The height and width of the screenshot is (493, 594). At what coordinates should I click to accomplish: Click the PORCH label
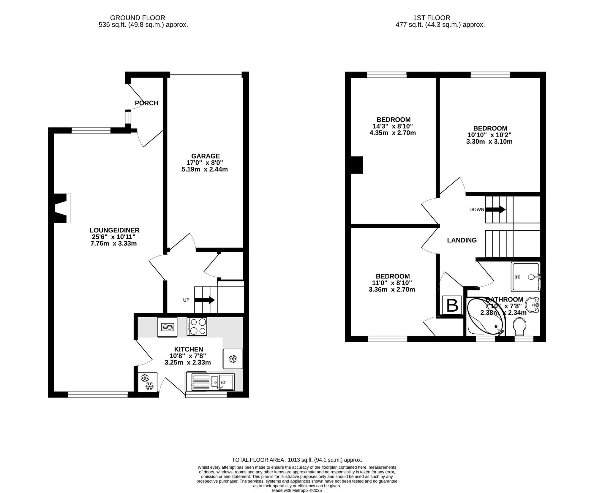[x=146, y=103]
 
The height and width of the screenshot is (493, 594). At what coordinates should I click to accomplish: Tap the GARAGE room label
[x=205, y=156]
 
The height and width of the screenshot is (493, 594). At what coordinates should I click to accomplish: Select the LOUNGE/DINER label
[x=114, y=230]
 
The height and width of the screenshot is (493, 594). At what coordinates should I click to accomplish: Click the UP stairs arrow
[x=205, y=300]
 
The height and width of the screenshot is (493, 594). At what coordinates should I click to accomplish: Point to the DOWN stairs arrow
[x=495, y=209]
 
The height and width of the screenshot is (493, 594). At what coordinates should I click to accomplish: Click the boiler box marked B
[x=452, y=305]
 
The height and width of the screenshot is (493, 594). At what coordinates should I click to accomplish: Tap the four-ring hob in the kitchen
[x=197, y=326]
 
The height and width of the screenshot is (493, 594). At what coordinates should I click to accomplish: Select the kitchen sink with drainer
[x=210, y=382]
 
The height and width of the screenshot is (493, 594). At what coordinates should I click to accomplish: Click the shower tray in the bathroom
[x=525, y=277]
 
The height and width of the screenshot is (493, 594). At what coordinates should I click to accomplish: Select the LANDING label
[x=462, y=240]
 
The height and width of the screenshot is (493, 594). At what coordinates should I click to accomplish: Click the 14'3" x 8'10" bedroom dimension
[x=393, y=126]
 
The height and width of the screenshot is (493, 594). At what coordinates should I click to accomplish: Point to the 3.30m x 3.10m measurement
[x=489, y=142]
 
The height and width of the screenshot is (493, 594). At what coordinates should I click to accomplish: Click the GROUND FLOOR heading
[x=138, y=18]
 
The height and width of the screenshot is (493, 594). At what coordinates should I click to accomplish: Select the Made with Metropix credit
[x=297, y=491]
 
